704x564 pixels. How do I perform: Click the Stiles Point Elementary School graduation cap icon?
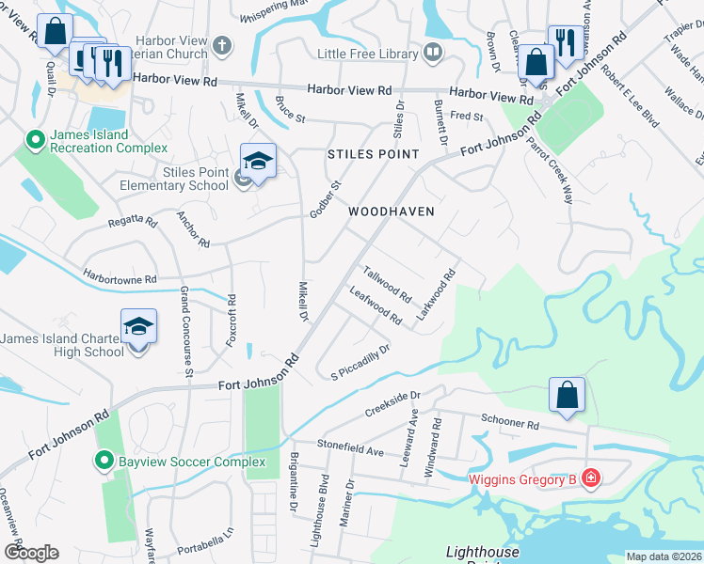258,161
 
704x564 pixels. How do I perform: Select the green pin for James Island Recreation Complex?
36,141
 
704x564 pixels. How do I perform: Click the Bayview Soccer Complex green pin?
104,462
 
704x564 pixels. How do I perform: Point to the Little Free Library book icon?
433,53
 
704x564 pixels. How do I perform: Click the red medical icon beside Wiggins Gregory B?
590,479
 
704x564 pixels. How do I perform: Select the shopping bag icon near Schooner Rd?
568,395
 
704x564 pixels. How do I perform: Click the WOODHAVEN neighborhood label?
392,211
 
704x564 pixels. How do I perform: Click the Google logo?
32,553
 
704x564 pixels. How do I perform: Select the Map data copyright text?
663,556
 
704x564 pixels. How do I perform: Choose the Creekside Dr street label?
391,405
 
